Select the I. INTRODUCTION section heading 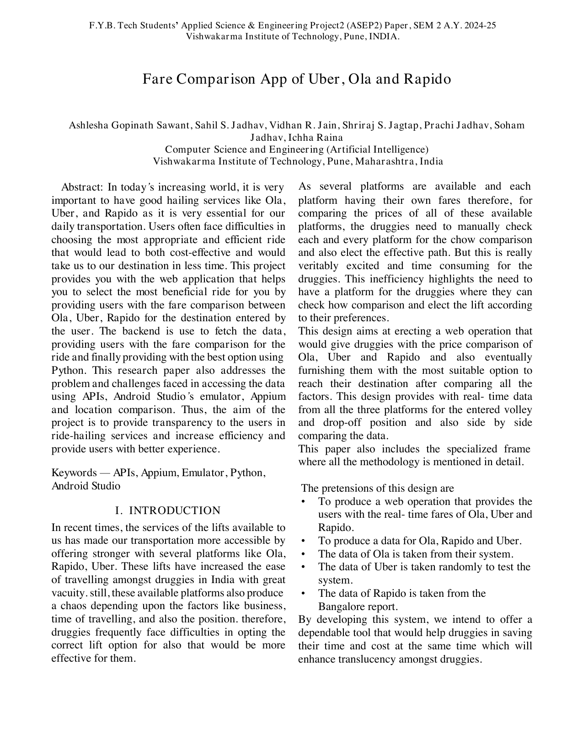click(168, 510)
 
